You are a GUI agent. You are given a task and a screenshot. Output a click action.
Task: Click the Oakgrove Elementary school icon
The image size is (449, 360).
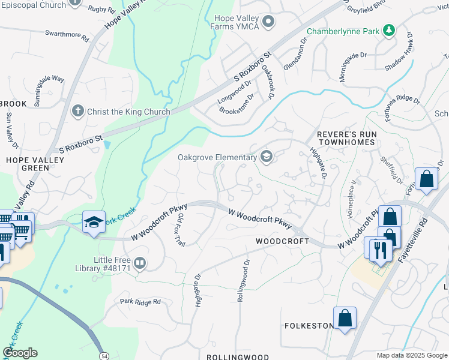point(266,157)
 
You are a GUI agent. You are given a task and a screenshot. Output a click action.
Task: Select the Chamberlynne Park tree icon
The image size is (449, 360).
point(389,29)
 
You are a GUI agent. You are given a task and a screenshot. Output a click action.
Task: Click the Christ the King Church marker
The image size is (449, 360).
point(77,111)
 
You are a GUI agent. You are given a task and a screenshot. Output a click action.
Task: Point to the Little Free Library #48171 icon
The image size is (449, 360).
point(139,263)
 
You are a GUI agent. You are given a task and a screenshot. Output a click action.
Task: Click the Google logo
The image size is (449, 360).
point(20,353)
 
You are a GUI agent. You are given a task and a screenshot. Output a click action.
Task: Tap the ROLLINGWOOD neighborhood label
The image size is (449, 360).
point(238,356)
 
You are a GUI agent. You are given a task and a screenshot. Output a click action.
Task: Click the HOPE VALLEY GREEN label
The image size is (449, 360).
point(27,164)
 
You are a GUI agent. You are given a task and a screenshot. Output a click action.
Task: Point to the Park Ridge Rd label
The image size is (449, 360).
point(140,302)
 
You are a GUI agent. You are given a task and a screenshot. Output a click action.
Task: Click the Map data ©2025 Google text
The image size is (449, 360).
point(411,355)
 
